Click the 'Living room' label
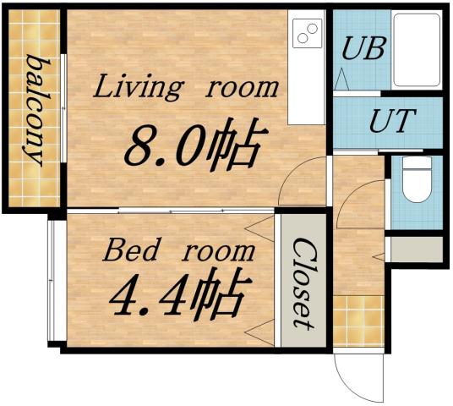(185, 86)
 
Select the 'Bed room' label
(177, 250)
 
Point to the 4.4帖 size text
(177, 295)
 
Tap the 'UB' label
(363, 48)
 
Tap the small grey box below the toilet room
(415, 249)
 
